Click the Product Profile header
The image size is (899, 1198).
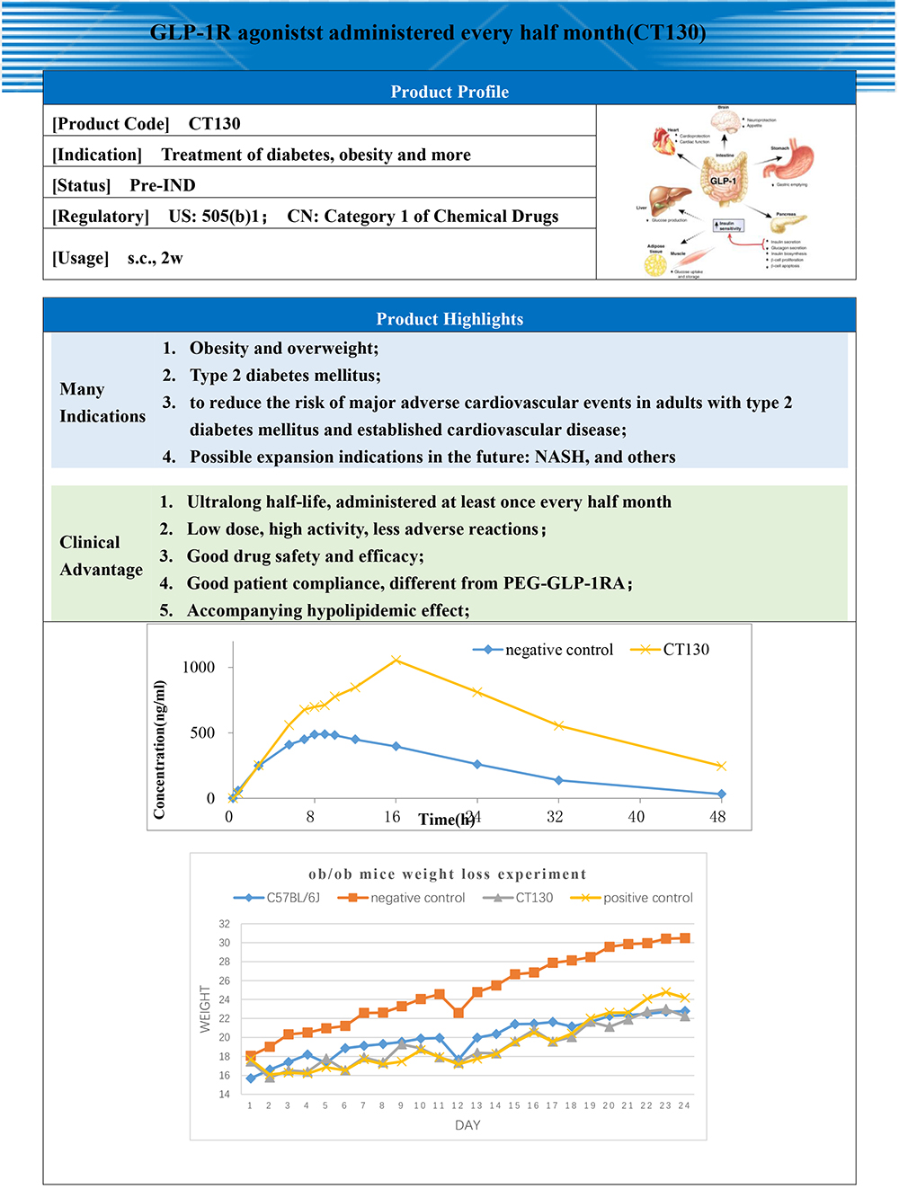click(449, 92)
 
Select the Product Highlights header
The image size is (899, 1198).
click(449, 319)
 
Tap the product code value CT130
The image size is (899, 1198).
click(214, 124)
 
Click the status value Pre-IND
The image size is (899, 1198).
click(163, 185)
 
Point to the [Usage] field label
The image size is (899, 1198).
click(80, 258)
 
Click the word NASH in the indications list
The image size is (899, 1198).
click(559, 457)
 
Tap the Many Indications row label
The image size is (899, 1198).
click(102, 402)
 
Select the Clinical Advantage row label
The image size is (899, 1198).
click(101, 555)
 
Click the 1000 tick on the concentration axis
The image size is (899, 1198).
click(199, 667)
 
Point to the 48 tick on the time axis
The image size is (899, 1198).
click(717, 817)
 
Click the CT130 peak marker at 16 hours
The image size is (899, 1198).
click(396, 661)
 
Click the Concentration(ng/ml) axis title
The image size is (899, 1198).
click(159, 750)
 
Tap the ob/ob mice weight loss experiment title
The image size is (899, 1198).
click(447, 874)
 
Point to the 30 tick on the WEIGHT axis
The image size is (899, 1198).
click(224, 943)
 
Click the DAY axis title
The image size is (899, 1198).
click(467, 1125)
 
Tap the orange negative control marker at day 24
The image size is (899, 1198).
click(685, 938)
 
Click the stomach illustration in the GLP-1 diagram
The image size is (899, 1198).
click(794, 162)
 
